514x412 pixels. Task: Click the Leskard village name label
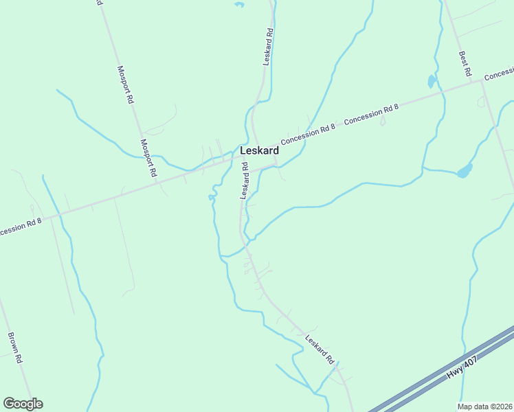tap(259, 150)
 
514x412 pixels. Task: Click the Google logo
tap(23, 404)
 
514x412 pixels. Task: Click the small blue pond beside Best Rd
tap(432, 81)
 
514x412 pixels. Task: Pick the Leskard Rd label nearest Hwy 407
tap(320, 349)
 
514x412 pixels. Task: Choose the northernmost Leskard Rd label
tap(269, 46)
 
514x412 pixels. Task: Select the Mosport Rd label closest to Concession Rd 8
tap(149, 159)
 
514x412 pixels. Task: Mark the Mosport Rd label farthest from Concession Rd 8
tap(125, 84)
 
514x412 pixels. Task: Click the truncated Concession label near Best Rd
tap(500, 73)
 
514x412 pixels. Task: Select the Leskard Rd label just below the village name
tap(244, 181)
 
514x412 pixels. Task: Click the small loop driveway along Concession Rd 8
tap(383, 121)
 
